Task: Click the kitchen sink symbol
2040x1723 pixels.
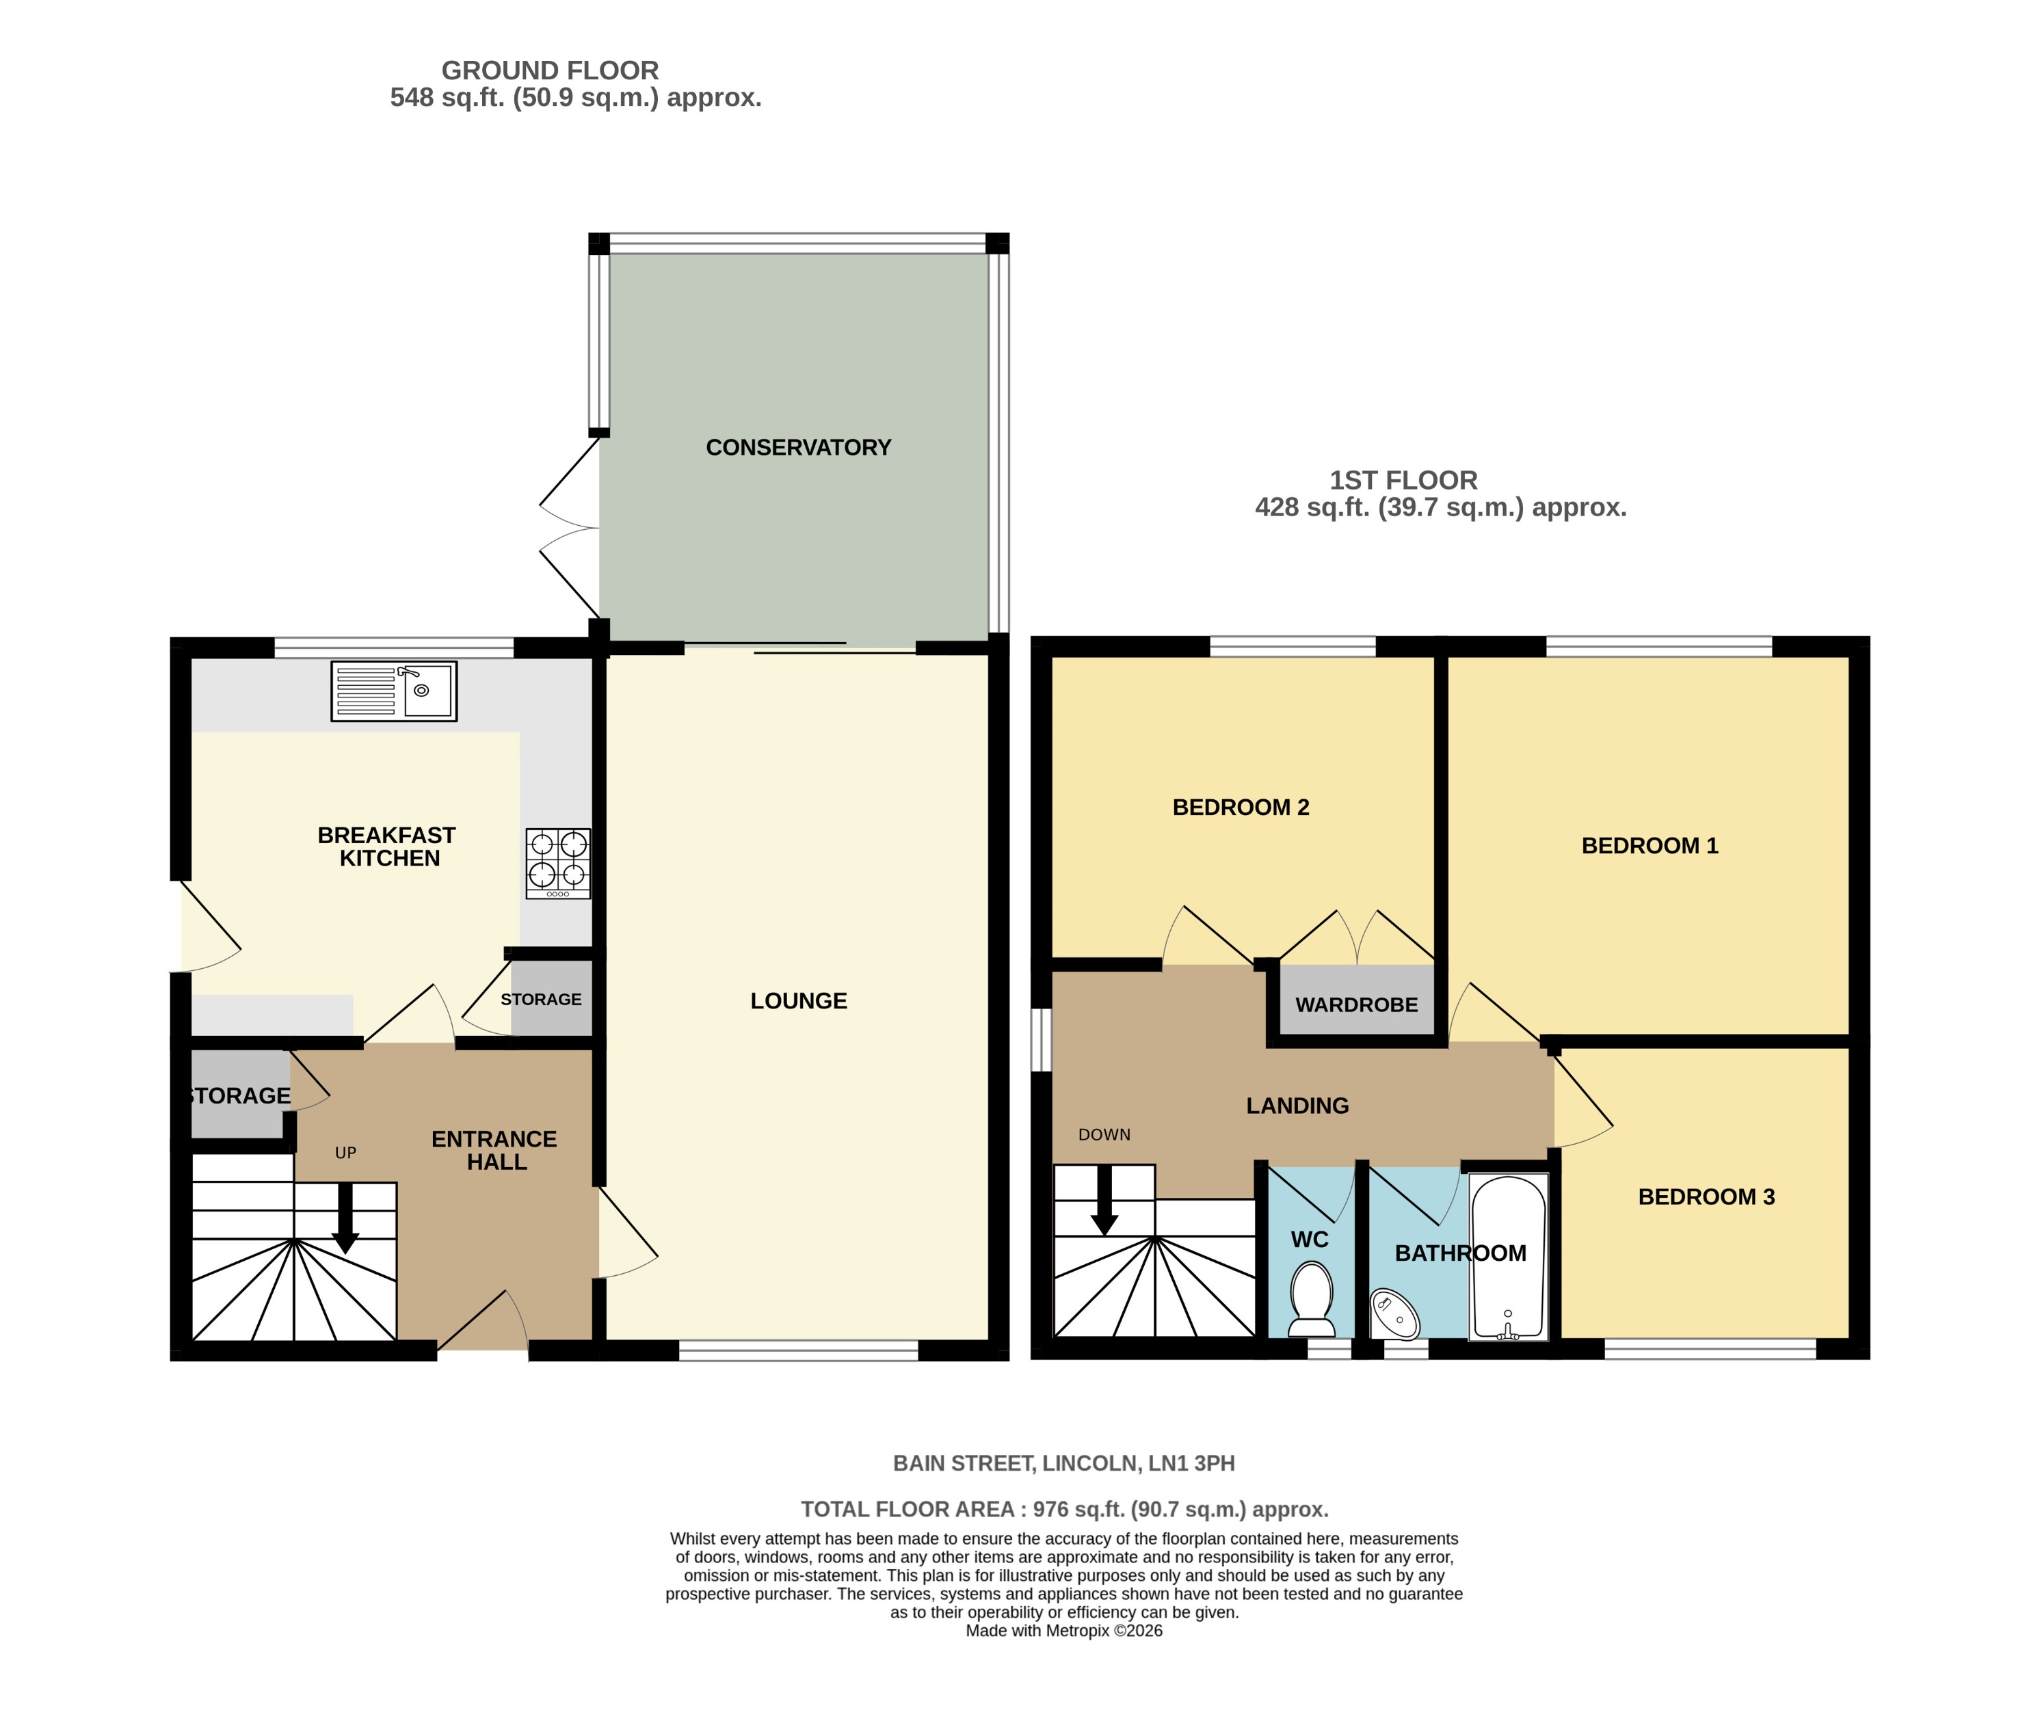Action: coord(394,691)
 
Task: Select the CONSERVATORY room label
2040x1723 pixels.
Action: coord(798,447)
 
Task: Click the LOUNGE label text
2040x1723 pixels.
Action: coord(798,1000)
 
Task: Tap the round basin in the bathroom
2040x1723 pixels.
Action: coord(1394,1313)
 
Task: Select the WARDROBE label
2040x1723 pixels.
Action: coord(1356,1004)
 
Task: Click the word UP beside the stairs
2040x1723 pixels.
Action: coord(345,1153)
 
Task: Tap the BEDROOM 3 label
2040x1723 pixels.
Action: coord(1706,1197)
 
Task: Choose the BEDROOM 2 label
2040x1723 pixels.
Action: coord(1240,807)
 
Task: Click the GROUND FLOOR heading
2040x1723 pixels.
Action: coord(550,70)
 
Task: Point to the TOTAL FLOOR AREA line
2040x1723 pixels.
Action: coord(1064,1509)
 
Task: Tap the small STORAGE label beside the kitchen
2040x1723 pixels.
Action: coord(540,999)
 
